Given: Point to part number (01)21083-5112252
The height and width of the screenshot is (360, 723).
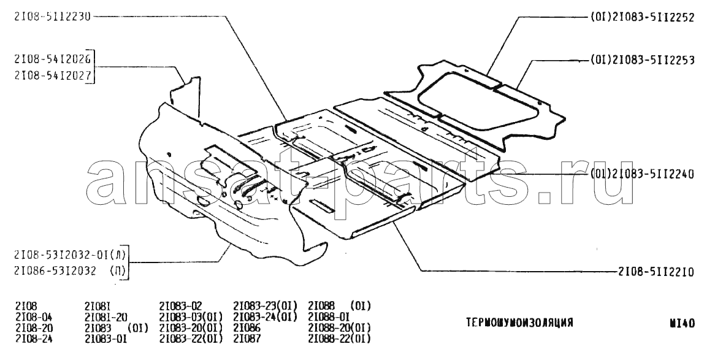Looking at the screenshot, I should (643, 18).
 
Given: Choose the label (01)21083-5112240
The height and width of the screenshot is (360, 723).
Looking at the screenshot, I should (643, 174).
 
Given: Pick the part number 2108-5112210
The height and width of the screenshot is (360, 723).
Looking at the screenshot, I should (656, 270).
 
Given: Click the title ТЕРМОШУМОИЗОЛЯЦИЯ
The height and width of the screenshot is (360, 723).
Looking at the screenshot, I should (519, 323).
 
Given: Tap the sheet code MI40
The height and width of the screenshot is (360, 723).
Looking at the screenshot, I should (683, 323).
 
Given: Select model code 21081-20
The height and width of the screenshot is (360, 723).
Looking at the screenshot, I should (105, 316).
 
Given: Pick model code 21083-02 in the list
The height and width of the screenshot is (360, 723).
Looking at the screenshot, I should (180, 305).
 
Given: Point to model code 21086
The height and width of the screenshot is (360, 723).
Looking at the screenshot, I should (248, 327).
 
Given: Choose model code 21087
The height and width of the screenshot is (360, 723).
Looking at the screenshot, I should (248, 339).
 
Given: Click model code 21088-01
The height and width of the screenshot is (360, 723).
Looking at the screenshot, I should (329, 316).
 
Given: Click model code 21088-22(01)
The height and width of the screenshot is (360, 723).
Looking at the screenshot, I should (339, 339).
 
